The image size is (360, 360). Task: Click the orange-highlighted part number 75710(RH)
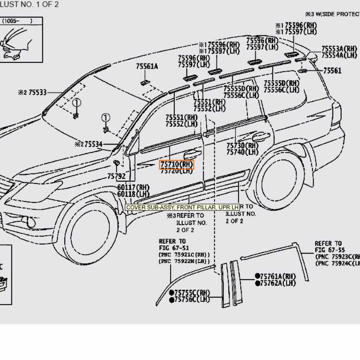(177, 164)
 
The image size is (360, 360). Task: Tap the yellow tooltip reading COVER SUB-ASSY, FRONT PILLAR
(182, 207)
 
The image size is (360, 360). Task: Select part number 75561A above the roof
(146, 66)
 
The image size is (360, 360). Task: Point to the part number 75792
(116, 176)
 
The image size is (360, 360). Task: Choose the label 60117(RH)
(133, 187)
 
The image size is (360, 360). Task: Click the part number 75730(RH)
(242, 146)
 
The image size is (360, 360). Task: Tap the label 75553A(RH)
(339, 49)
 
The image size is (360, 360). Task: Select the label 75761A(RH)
(278, 276)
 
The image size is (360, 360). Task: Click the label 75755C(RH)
(192, 293)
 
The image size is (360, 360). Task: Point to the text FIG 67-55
(328, 250)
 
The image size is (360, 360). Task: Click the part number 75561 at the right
(332, 71)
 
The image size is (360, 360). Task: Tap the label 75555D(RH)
(241, 89)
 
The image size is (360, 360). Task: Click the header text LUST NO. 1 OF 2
(30, 4)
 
